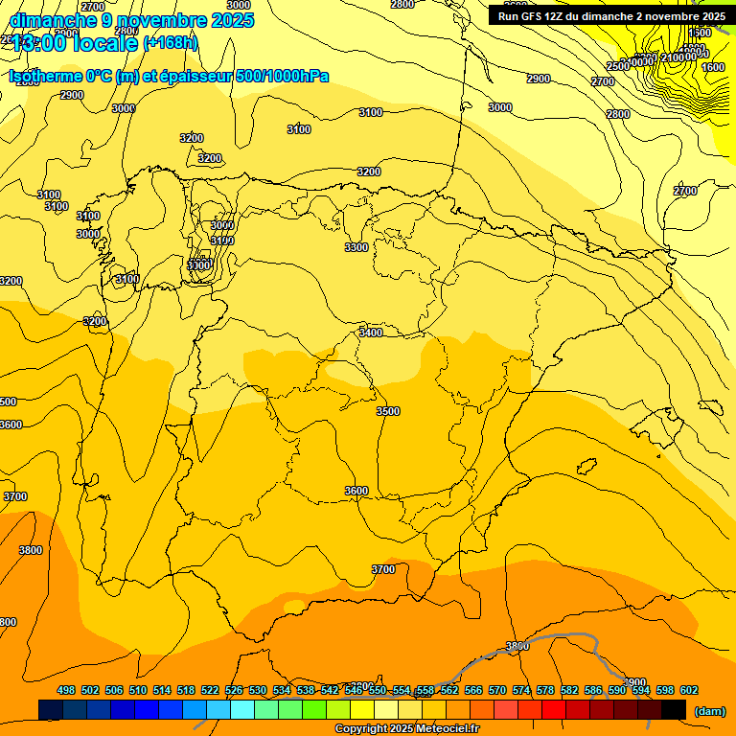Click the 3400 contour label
(370, 333)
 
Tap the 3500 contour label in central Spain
(388, 411)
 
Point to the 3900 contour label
(634, 682)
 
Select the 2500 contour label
(618, 66)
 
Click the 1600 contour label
(713, 67)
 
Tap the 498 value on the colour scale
(66, 690)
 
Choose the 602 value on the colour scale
(689, 690)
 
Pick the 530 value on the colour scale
(258, 690)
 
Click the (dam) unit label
(709, 710)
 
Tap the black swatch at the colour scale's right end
(674, 709)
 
